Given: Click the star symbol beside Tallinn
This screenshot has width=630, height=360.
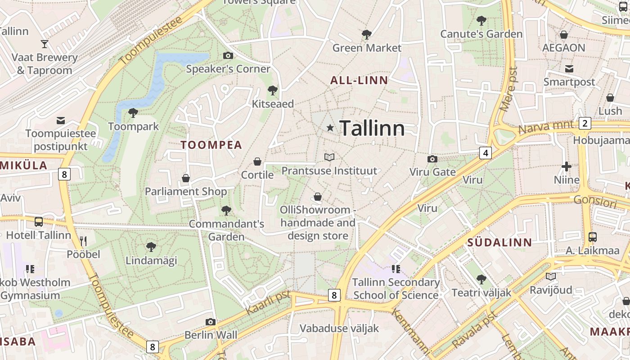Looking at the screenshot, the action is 330,128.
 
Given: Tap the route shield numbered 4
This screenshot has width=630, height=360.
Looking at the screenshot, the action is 485,153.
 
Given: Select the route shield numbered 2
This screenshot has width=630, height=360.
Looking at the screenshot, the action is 585,123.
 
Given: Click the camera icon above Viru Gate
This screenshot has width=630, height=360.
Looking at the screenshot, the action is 432,159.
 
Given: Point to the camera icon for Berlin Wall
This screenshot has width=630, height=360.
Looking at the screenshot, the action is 210,322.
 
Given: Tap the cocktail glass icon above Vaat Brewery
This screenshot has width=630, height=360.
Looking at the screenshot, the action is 45,44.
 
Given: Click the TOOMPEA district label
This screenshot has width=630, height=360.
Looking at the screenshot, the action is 211,145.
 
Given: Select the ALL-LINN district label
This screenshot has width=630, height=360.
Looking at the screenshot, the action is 359,81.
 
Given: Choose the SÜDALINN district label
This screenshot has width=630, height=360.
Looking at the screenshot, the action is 499,243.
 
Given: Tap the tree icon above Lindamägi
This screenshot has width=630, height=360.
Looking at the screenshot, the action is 151,247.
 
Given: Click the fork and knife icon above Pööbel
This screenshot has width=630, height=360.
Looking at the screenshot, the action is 83,241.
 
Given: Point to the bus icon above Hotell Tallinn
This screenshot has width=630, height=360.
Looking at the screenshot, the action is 39,221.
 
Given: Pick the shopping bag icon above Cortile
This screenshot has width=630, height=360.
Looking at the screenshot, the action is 257,161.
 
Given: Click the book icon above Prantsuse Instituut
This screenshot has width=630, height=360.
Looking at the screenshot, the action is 329,157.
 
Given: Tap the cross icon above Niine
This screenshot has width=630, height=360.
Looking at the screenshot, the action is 566,167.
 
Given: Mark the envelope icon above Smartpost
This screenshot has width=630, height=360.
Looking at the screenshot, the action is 569,69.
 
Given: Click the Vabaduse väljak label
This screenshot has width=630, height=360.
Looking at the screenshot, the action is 339,328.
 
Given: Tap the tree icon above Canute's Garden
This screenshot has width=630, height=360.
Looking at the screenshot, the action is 481,20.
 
